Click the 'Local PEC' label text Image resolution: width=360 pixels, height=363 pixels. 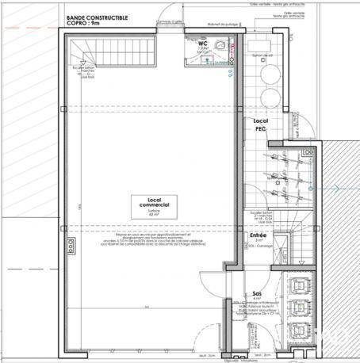point(261,124)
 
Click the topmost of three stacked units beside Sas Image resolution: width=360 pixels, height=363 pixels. point(301,283)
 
